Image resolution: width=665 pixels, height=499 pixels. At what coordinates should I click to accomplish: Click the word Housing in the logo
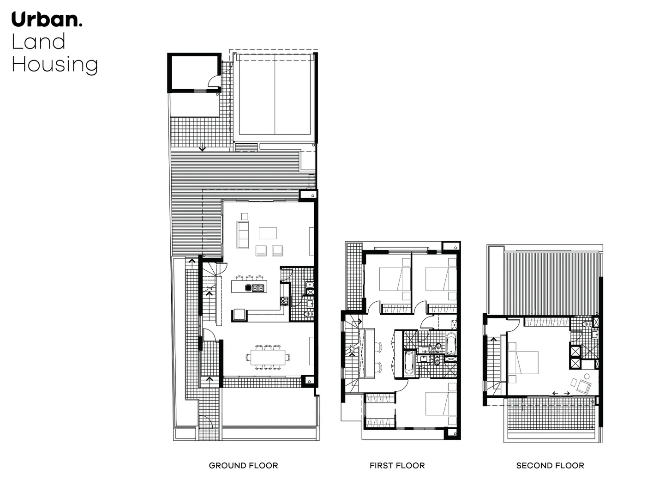(54, 65)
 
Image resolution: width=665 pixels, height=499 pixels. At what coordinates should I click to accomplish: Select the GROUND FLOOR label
(243, 465)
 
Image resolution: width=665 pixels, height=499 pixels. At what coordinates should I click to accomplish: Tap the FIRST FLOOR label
(397, 465)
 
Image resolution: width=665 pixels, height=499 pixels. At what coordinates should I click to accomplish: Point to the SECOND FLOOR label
(550, 465)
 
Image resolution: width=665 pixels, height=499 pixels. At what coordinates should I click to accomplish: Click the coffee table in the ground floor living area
(268, 232)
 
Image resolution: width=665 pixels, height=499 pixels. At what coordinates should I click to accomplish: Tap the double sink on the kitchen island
(257, 288)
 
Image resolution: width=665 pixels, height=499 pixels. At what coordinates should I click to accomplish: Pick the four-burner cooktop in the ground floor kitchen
(285, 301)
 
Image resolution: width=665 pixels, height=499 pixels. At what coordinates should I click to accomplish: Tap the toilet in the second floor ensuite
(585, 324)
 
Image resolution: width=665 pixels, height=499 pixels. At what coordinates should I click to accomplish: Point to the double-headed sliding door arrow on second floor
(561, 393)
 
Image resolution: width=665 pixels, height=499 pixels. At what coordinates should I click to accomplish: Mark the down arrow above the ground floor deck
(202, 149)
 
